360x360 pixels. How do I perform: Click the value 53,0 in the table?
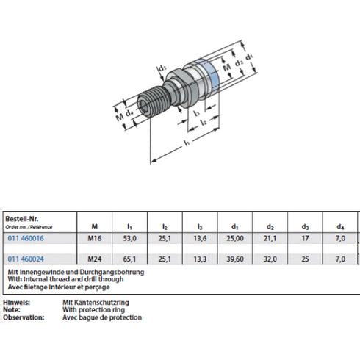click(129, 238)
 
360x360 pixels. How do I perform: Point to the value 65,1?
click(129, 259)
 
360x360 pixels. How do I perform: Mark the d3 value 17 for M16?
click(306, 238)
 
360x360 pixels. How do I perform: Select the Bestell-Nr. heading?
click(21, 218)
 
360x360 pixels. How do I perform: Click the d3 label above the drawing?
click(162, 71)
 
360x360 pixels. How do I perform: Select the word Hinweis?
click(16, 303)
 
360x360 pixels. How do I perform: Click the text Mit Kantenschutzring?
click(96, 303)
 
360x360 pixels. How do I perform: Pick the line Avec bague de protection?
click(101, 317)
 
